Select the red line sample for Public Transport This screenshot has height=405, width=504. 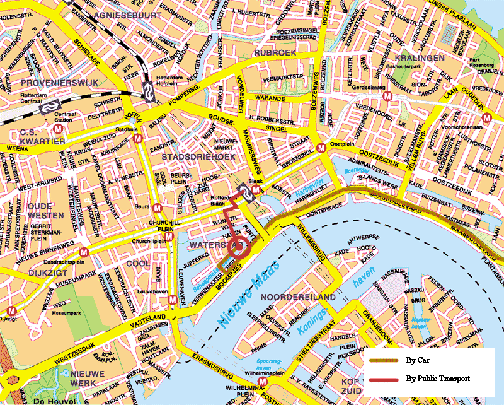click(385, 379)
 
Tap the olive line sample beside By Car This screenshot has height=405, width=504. click(385, 361)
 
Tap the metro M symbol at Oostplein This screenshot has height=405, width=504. click(322, 148)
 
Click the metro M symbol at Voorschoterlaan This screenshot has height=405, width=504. click(486, 117)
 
